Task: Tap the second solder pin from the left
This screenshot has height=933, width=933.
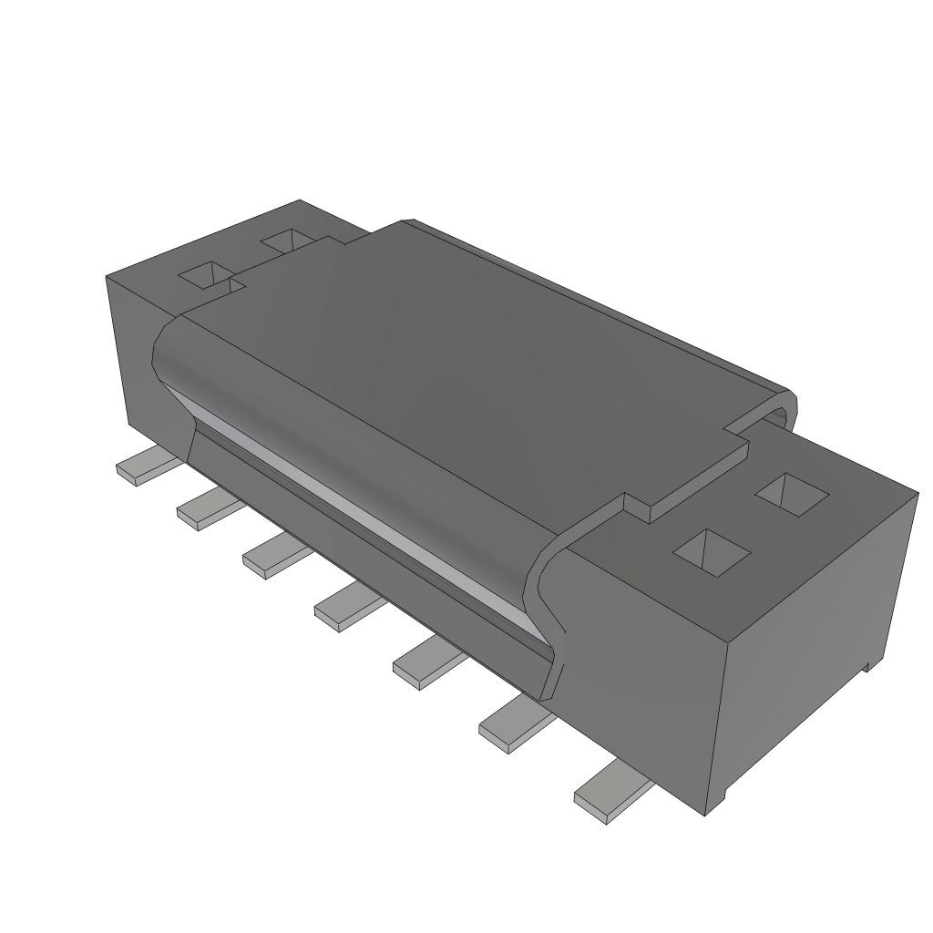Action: point(206,508)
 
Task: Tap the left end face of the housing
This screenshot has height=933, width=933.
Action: point(128,346)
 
